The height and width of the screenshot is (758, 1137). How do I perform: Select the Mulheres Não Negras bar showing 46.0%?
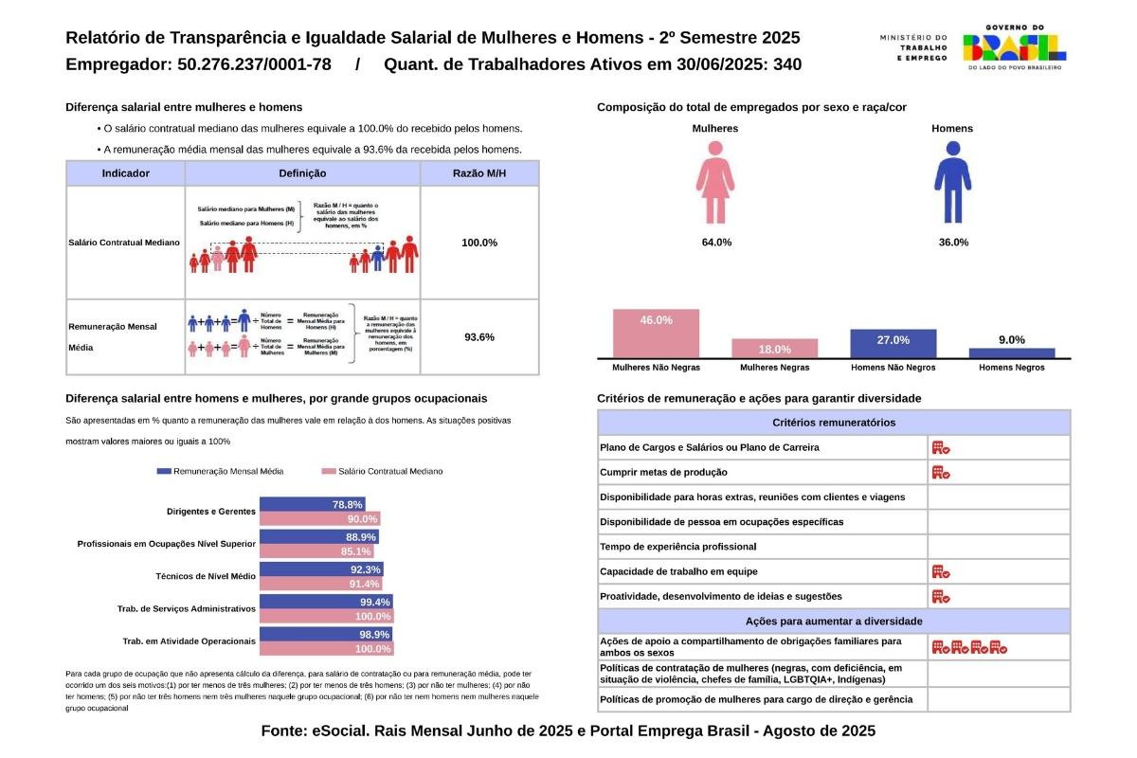656,333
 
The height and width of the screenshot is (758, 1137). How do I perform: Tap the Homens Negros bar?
1012,352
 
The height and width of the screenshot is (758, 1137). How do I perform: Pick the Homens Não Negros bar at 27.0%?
893,342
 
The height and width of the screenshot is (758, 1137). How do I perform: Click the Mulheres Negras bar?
774,348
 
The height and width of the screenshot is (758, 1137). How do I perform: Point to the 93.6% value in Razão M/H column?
479,337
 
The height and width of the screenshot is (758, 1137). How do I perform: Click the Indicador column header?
125,173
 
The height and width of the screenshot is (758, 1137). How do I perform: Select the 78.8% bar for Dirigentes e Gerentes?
313,505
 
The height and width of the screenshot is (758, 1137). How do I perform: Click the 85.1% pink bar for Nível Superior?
316,551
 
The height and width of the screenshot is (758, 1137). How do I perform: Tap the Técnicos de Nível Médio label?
206,576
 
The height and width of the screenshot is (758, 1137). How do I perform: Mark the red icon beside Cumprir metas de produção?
941,472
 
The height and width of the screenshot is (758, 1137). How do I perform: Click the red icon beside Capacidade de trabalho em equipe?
941,571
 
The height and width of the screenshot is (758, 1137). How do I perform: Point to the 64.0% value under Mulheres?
716,243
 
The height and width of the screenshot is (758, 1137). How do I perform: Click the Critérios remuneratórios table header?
834,423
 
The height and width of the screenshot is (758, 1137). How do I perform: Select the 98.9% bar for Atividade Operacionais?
326,634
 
